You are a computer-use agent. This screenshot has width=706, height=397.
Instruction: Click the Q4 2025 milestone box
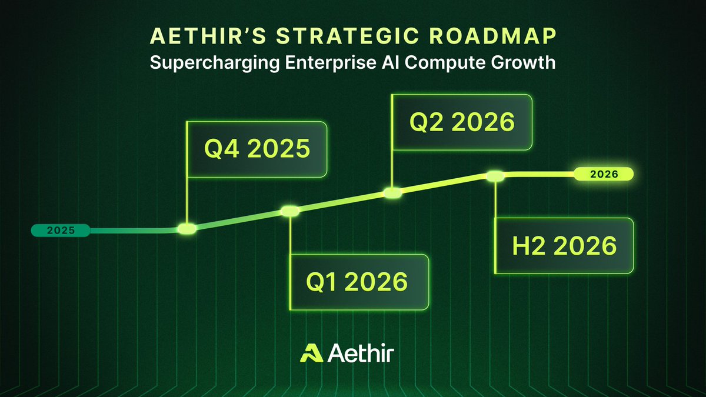257,149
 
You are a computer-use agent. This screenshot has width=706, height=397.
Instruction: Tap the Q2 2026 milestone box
462,122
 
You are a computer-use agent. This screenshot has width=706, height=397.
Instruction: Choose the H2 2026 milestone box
564,245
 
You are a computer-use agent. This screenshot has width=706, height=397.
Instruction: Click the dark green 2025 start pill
61,230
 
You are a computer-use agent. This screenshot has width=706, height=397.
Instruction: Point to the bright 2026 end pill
604,174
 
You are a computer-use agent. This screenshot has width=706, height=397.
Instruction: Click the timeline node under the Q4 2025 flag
187,229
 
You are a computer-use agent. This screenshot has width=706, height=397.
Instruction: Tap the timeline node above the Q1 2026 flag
291,211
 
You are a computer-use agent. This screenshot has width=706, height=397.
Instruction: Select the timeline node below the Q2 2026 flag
392,192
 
